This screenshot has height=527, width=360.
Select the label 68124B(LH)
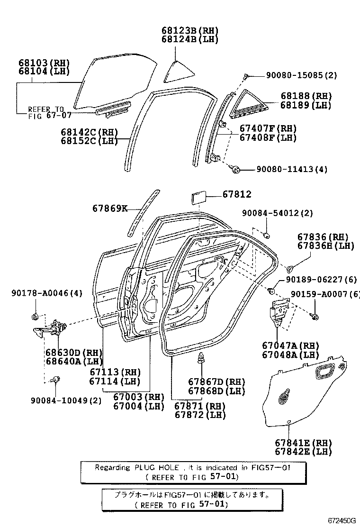189,39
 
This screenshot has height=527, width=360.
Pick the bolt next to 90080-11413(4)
236,168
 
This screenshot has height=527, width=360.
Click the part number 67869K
110,208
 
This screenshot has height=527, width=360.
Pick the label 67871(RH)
199,406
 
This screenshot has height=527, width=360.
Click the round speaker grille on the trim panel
285,397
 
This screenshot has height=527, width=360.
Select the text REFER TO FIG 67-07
45,112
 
